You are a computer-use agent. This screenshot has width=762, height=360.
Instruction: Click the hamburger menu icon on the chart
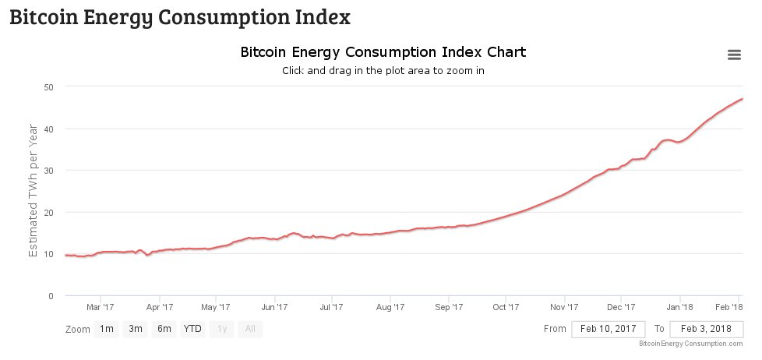click(x=733, y=55)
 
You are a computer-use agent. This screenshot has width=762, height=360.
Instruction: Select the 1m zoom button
click(x=106, y=329)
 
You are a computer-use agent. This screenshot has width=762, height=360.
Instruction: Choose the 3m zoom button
click(x=136, y=329)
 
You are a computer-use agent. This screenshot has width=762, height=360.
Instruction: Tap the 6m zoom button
click(x=164, y=329)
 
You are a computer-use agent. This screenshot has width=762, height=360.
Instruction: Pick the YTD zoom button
click(x=192, y=329)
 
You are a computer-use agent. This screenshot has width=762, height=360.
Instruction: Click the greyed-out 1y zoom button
click(x=222, y=329)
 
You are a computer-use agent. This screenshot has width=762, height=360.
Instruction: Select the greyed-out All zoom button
click(x=250, y=329)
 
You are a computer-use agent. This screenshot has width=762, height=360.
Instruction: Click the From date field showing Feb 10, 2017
click(x=608, y=329)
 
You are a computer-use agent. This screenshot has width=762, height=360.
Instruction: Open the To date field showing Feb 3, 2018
click(x=706, y=329)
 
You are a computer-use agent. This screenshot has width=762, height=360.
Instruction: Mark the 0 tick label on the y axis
click(x=50, y=296)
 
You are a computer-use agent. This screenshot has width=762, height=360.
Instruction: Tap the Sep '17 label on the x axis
click(x=449, y=307)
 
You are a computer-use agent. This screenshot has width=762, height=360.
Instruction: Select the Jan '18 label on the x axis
click(x=680, y=307)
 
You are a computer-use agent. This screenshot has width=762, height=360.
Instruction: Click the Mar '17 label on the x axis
click(x=101, y=307)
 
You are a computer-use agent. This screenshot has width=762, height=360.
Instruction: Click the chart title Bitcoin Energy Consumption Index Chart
click(x=383, y=52)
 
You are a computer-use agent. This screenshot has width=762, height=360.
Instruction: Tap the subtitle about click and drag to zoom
click(x=383, y=70)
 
